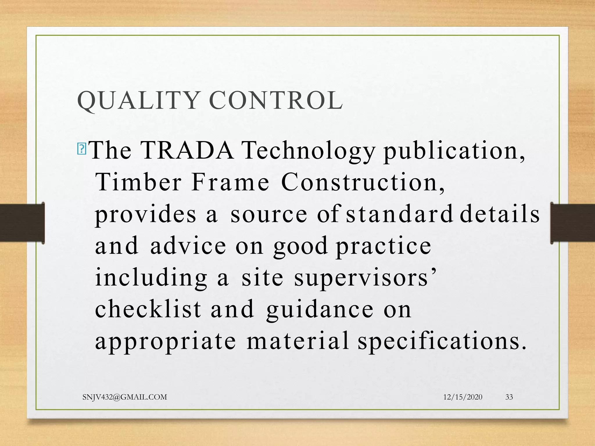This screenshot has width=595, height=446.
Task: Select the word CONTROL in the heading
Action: click(x=276, y=100)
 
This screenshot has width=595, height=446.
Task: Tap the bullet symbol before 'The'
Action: click(x=82, y=149)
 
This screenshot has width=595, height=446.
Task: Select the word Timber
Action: click(x=139, y=182)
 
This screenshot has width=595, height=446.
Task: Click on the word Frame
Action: click(x=230, y=182)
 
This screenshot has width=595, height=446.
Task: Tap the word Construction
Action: click(x=363, y=182)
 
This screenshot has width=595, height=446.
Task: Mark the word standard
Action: click(x=399, y=214)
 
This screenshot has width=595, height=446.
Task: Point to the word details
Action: click(x=500, y=214)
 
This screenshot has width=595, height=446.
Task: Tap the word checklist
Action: click(x=148, y=309)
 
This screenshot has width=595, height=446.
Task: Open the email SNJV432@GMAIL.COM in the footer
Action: click(x=125, y=397)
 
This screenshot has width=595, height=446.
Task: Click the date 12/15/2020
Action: click(x=463, y=397)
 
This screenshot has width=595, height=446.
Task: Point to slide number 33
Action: click(x=509, y=397)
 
